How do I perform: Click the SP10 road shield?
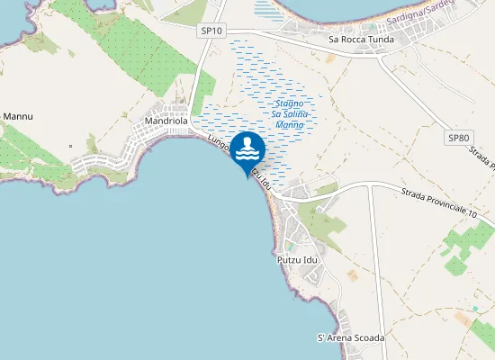click(x=211, y=31)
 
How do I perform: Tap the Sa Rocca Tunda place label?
click(x=362, y=40)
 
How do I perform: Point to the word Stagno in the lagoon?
click(x=288, y=104)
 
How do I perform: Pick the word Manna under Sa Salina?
click(x=290, y=126)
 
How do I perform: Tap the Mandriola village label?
click(x=166, y=120)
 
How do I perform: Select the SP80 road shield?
click(x=459, y=138)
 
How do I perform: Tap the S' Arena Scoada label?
click(x=351, y=337)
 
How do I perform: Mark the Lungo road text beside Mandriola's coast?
click(x=219, y=144)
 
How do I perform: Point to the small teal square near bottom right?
click(x=474, y=309)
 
